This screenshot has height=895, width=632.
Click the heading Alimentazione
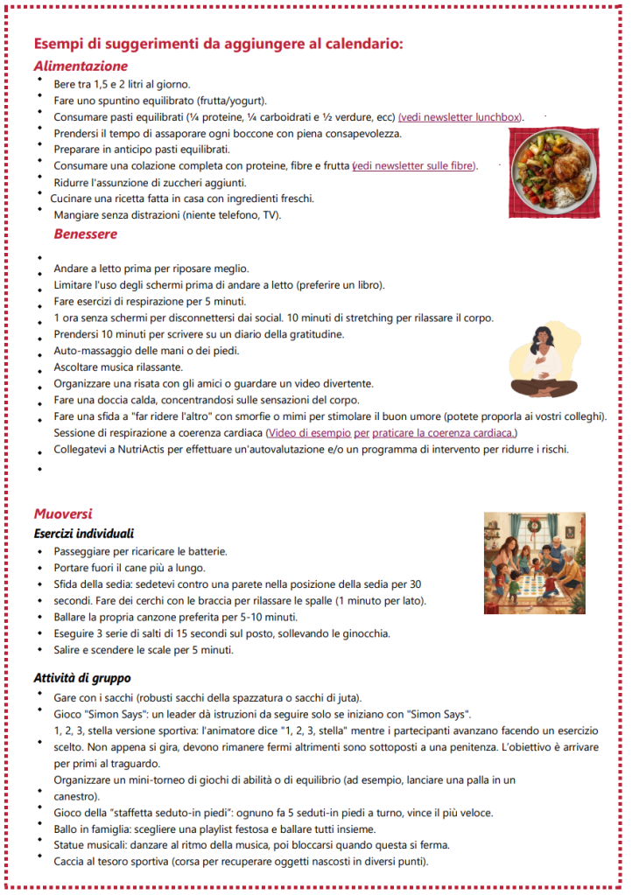click(x=81, y=66)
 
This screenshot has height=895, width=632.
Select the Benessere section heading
click(x=85, y=234)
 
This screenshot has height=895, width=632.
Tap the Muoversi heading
click(x=63, y=514)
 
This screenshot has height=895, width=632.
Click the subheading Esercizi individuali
click(x=83, y=533)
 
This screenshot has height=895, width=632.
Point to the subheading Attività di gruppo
click(x=82, y=678)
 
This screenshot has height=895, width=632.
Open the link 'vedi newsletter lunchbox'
click(x=460, y=117)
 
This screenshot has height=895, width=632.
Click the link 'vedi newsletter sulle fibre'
click(x=415, y=166)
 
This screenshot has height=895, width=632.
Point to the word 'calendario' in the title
click(x=364, y=44)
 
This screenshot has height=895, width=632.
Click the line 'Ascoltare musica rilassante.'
click(x=118, y=367)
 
